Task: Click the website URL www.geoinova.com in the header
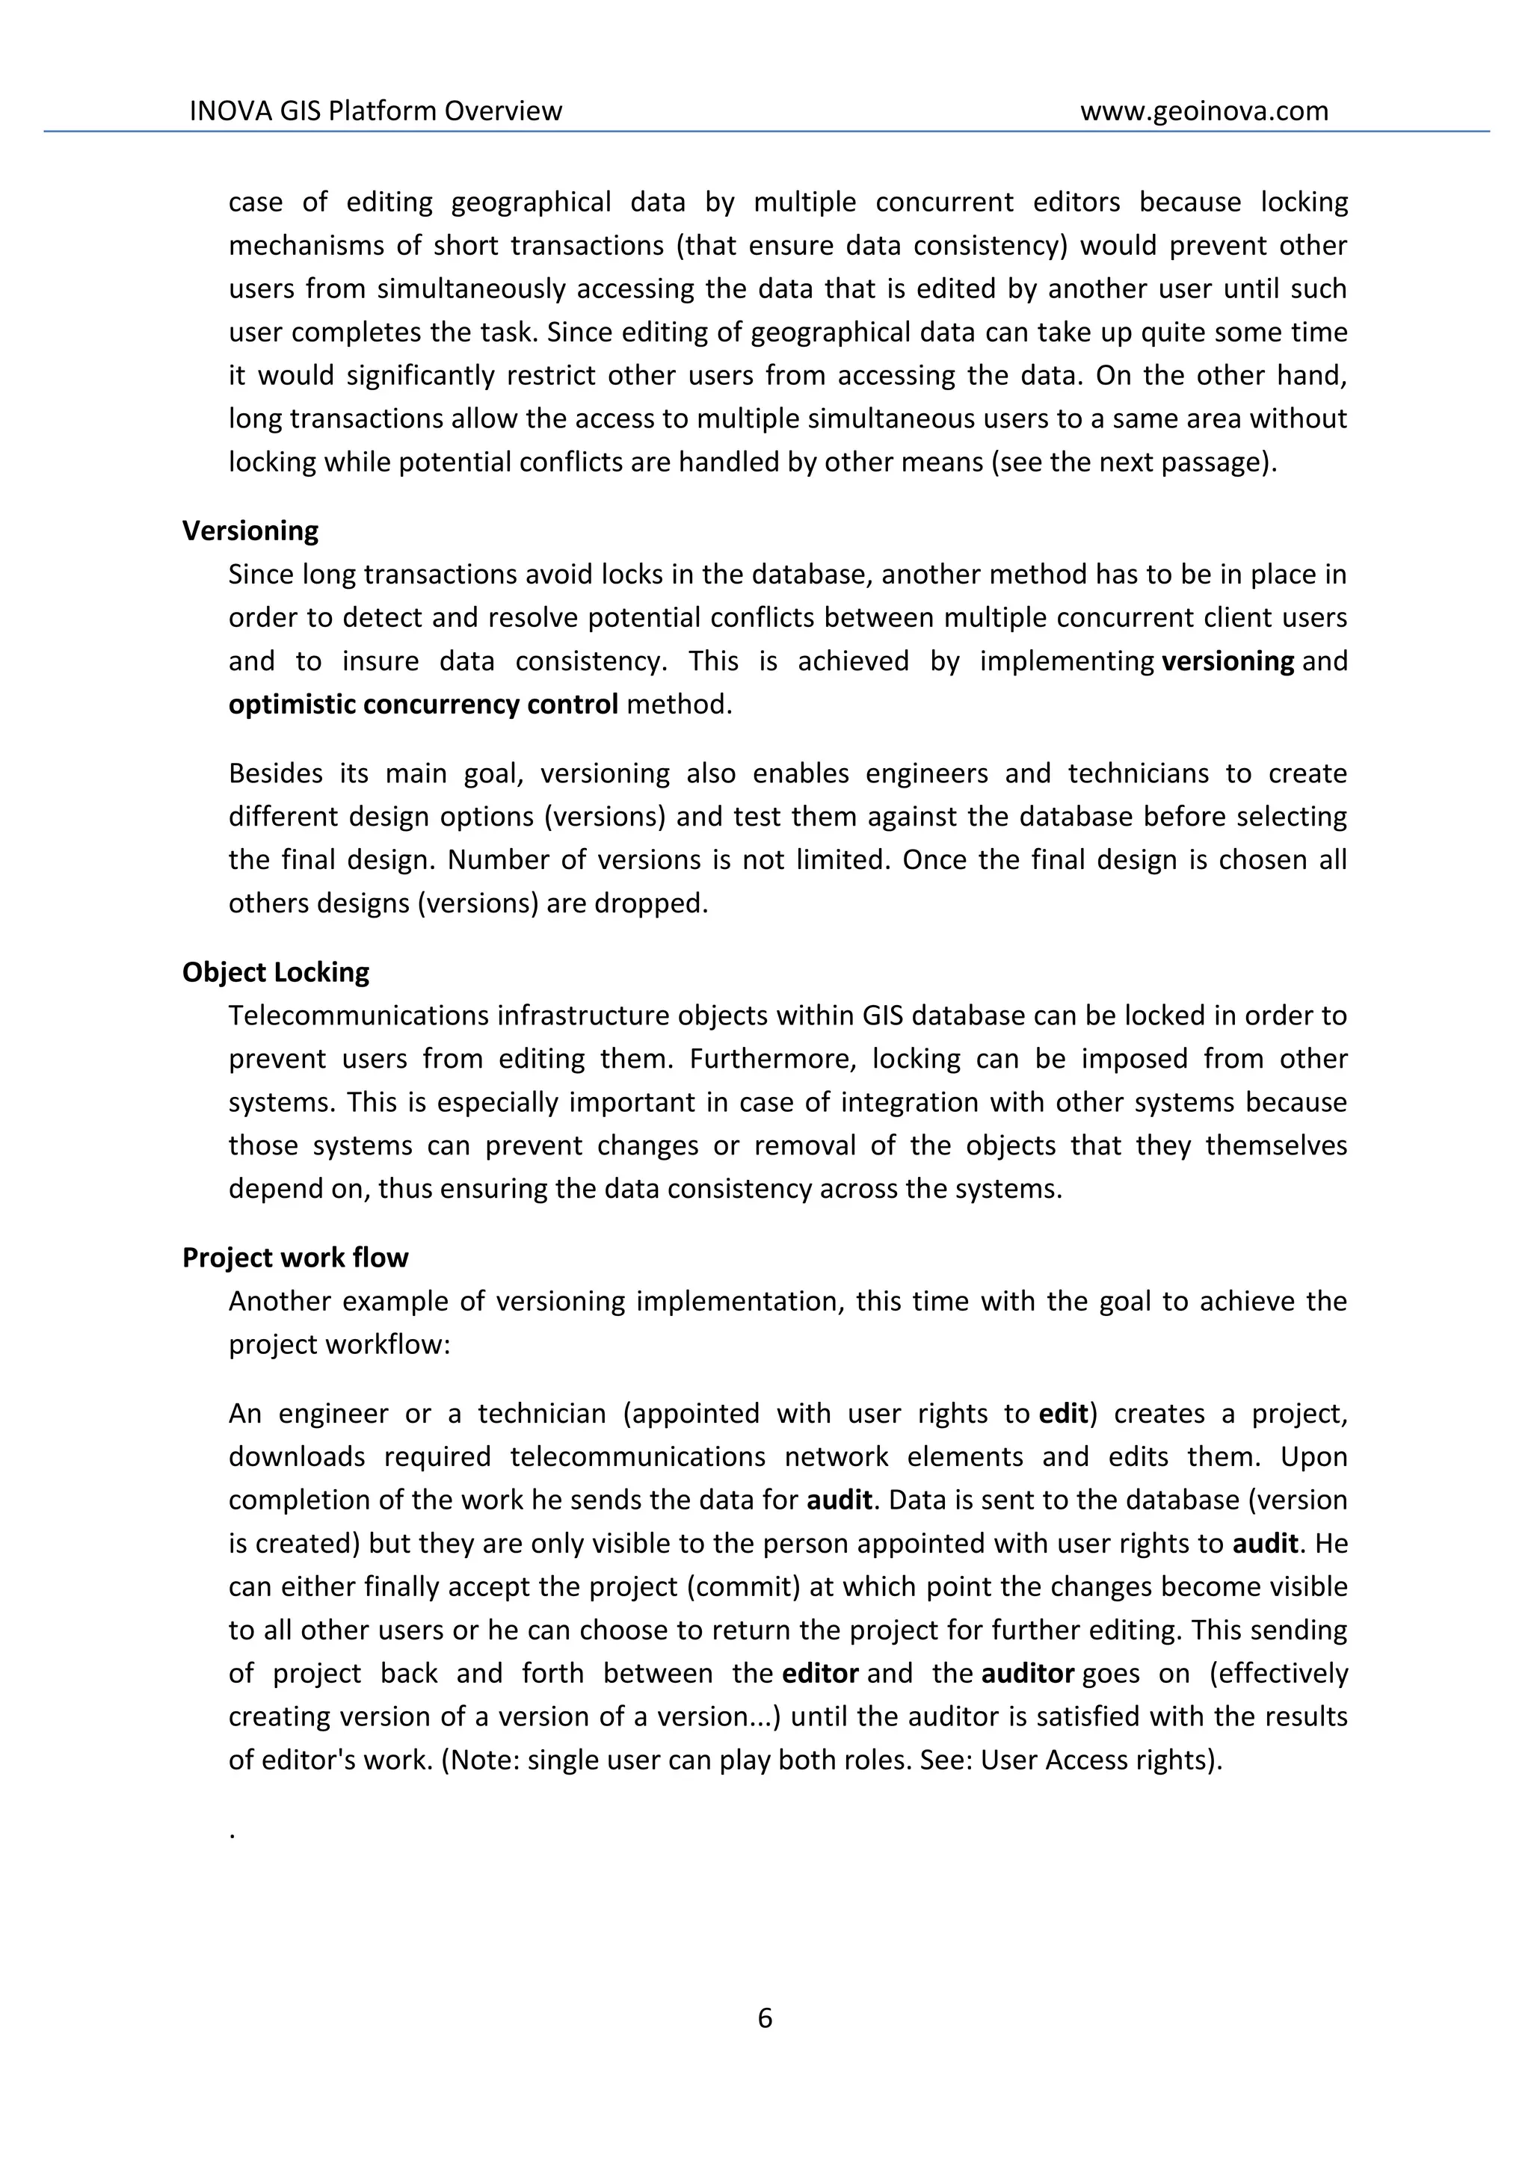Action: click(x=1204, y=111)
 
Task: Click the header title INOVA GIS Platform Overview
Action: click(x=375, y=111)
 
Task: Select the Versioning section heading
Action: click(x=250, y=531)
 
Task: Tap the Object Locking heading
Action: click(x=275, y=971)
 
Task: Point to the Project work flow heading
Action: click(x=295, y=1258)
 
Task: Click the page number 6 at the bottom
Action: click(x=765, y=2018)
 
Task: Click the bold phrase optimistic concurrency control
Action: click(x=423, y=704)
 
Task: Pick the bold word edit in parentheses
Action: click(x=1062, y=1414)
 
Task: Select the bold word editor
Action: click(x=820, y=1673)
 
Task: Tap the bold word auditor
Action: click(x=1028, y=1673)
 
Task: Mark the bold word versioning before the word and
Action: click(x=1227, y=661)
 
